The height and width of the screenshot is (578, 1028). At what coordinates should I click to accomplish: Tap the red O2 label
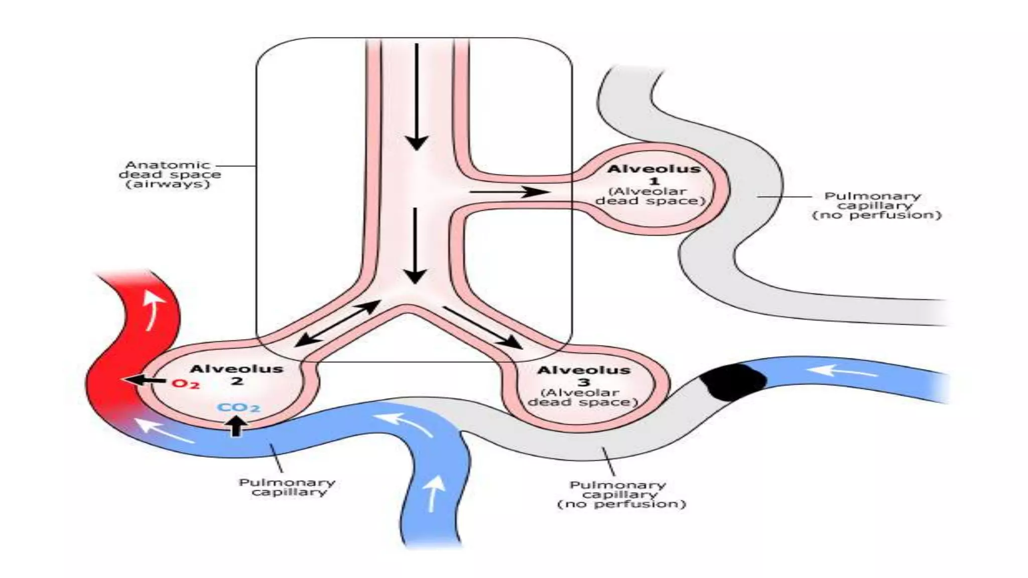(x=186, y=384)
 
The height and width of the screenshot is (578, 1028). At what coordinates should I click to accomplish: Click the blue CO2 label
(x=239, y=407)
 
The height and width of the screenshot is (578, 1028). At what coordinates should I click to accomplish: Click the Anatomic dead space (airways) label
(x=170, y=174)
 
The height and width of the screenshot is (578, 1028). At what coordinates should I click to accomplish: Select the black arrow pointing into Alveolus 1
(x=509, y=192)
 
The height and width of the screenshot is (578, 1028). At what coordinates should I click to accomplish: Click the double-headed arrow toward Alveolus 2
(x=337, y=324)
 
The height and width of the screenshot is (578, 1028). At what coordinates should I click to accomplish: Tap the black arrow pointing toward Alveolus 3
(x=482, y=328)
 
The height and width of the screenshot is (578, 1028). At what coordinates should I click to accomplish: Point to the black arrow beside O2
(x=146, y=380)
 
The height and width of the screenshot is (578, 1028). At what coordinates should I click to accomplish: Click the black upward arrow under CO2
(x=236, y=426)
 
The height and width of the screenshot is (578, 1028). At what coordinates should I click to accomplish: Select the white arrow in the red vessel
(x=153, y=310)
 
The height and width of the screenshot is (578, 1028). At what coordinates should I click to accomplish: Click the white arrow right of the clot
(x=843, y=372)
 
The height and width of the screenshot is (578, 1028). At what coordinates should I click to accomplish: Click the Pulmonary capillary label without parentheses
(x=287, y=487)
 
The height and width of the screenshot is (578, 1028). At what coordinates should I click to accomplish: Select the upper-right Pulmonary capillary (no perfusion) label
(x=876, y=205)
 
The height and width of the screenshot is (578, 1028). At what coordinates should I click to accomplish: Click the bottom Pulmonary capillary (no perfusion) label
(x=621, y=494)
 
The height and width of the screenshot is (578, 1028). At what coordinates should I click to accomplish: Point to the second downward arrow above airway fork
(x=415, y=246)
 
